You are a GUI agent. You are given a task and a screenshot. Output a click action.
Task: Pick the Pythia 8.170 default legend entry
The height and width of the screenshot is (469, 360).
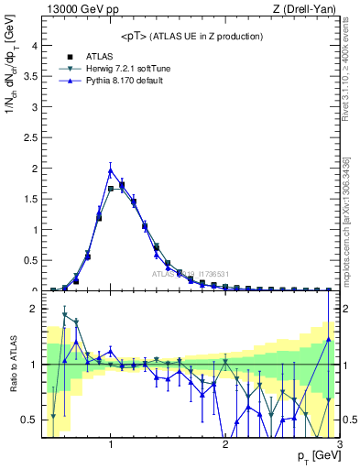pyautogui.click(x=127, y=82)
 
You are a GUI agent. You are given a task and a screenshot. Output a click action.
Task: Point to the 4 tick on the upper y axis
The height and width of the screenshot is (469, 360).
pyautogui.click(x=33, y=46)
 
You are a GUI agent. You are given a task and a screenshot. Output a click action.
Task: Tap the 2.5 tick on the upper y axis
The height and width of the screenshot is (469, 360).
pyautogui.click(x=29, y=137)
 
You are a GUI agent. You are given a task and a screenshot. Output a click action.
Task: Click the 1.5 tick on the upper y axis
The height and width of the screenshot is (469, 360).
pyautogui.click(x=29, y=199)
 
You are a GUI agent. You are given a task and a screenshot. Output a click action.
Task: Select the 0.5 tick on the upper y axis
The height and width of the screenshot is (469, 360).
pyautogui.click(x=29, y=260)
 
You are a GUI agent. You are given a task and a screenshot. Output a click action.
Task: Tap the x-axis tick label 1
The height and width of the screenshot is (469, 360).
pyautogui.click(x=111, y=444)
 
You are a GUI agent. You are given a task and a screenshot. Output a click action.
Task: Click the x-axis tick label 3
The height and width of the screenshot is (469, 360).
pyautogui.click(x=339, y=444)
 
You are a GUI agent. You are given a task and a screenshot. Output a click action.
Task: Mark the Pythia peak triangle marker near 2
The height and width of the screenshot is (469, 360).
pyautogui.click(x=111, y=169)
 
